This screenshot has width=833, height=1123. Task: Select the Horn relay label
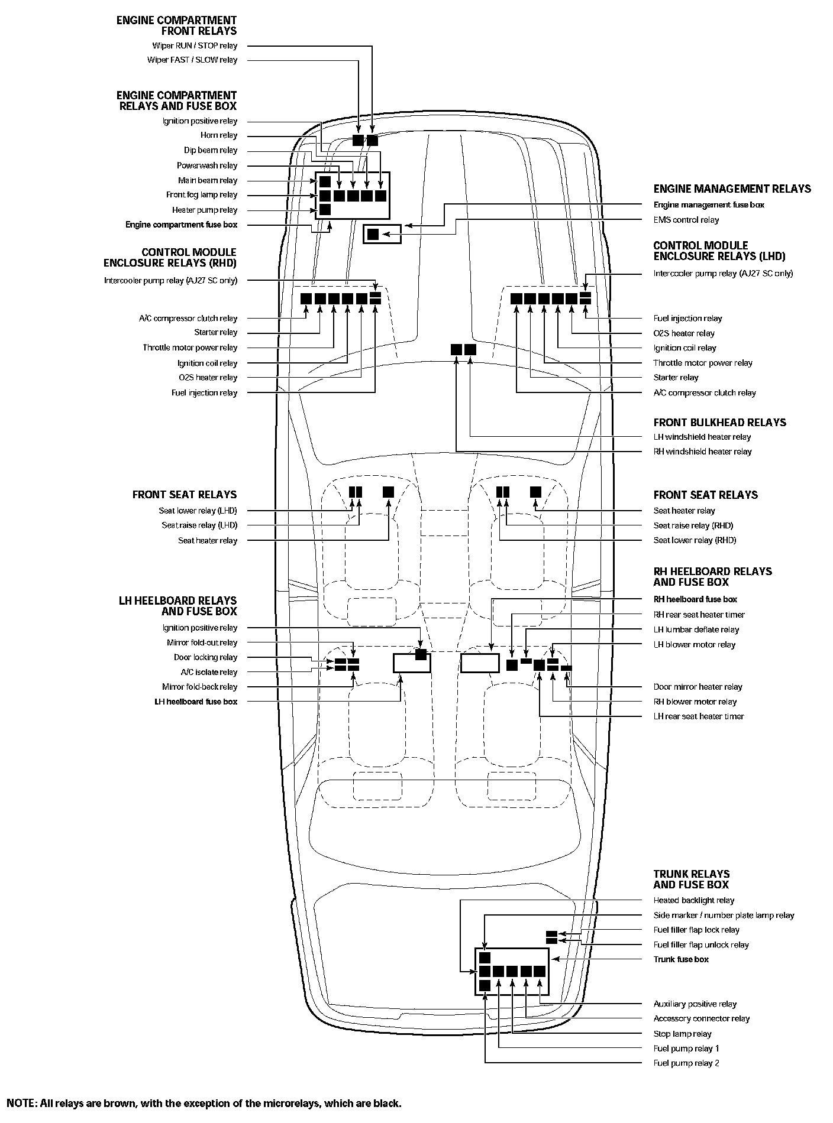coord(218,135)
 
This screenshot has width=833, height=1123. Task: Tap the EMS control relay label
coord(686,220)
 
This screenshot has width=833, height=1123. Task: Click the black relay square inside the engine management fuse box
coord(373,234)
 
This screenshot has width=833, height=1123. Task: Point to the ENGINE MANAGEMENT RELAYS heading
coord(732,189)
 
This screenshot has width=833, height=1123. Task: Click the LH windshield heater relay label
coord(702,437)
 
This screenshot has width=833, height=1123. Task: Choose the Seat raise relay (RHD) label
coord(693,525)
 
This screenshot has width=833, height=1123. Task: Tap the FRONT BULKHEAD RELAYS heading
coord(719,423)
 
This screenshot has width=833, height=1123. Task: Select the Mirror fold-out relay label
coord(202,642)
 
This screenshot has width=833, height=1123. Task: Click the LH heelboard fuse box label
coord(195,702)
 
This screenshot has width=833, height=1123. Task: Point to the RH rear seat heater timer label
coord(699,615)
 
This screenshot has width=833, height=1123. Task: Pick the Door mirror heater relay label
coord(698,687)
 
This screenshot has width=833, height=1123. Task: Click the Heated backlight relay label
coord(693,900)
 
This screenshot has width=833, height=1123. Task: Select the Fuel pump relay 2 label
coord(686,1063)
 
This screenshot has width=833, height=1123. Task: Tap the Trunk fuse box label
coord(681,959)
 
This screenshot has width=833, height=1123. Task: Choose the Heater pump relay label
coord(205,210)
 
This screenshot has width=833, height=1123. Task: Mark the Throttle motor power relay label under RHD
coord(190,348)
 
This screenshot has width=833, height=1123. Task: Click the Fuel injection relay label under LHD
coord(687,318)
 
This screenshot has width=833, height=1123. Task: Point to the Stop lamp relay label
coord(682,1034)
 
